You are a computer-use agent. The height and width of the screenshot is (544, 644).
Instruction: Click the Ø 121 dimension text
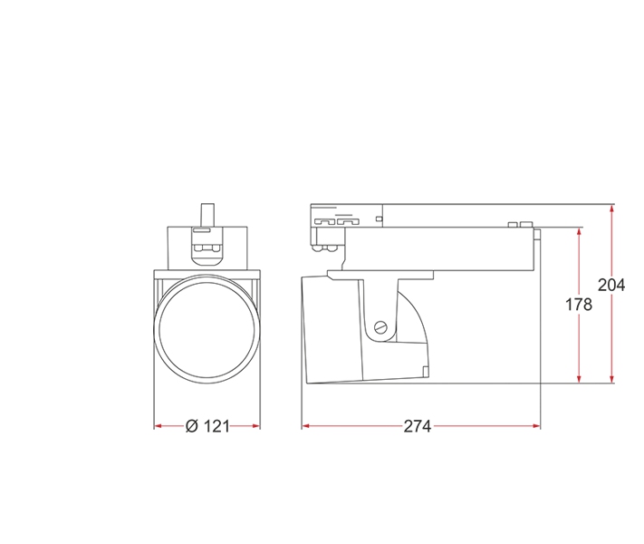click(207, 426)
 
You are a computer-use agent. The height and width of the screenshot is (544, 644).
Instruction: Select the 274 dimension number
click(418, 426)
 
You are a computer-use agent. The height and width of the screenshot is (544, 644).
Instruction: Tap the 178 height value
click(579, 305)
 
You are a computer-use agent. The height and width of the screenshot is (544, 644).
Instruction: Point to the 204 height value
click(611, 285)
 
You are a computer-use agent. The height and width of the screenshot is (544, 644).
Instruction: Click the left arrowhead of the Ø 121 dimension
click(159, 426)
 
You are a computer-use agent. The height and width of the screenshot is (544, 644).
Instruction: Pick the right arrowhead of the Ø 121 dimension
click(255, 426)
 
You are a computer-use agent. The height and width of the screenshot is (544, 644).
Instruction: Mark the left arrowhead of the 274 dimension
click(306, 426)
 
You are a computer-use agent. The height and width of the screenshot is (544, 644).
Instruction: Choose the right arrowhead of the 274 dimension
click(536, 426)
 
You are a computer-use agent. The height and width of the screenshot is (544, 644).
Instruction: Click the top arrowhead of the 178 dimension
click(579, 232)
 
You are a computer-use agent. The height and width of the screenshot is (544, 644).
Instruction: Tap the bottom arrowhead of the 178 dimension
click(579, 378)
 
